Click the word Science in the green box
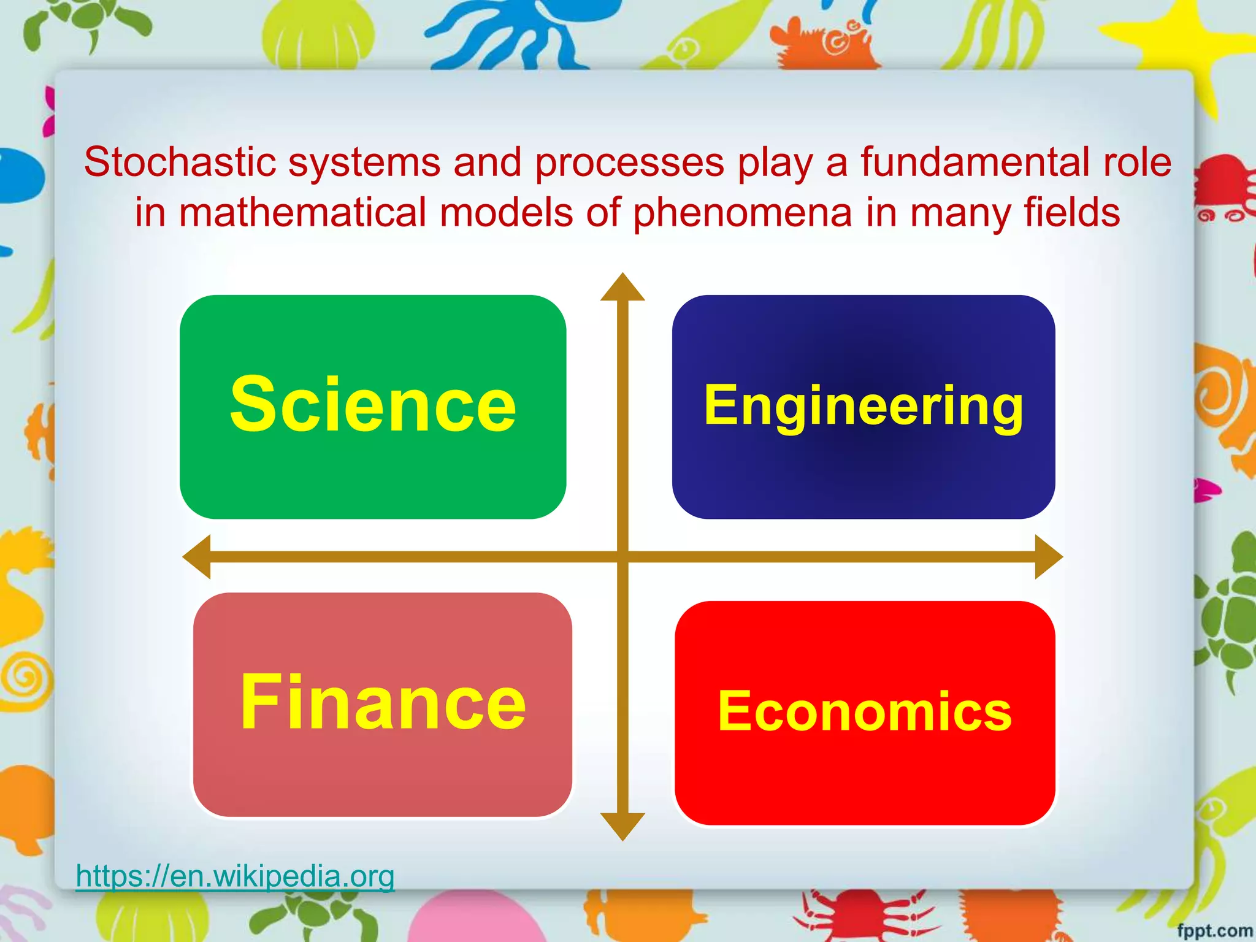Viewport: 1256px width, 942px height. point(373,405)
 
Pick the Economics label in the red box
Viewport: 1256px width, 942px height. point(865,711)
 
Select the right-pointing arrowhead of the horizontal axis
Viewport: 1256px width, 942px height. point(1048,556)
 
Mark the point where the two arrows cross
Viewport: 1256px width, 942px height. point(622,556)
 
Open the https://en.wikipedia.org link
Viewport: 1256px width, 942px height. point(235,876)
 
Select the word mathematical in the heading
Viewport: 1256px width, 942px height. point(303,213)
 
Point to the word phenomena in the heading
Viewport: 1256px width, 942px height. point(742,213)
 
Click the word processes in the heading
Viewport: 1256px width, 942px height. point(629,163)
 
